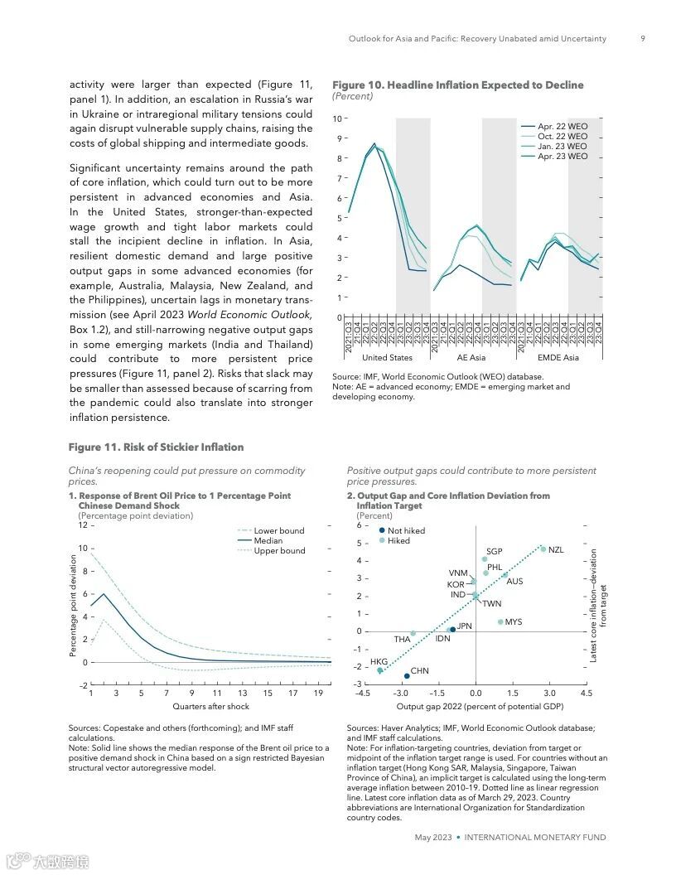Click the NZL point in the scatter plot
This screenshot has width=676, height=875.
(543, 549)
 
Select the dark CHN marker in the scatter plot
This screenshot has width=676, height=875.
(407, 675)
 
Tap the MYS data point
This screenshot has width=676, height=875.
(500, 621)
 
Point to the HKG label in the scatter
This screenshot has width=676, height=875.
(379, 662)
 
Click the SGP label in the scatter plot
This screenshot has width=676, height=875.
(494, 552)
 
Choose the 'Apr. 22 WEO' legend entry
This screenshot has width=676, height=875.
(563, 126)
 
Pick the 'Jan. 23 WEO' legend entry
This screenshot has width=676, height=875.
(563, 146)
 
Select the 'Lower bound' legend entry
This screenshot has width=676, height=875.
(279, 530)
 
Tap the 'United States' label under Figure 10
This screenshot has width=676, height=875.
(387, 358)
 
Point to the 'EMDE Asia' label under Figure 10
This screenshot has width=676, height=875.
(558, 358)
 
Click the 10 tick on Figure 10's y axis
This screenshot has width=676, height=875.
(336, 118)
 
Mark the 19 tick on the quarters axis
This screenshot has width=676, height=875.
(318, 693)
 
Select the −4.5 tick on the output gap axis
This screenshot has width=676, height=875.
(362, 693)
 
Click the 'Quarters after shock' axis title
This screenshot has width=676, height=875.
(210, 707)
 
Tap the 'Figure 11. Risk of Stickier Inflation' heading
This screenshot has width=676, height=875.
(156, 447)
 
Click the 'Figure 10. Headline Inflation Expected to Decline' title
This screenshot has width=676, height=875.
(457, 85)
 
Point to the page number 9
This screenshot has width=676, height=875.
(643, 38)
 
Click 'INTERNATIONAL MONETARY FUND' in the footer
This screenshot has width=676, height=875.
(535, 838)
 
